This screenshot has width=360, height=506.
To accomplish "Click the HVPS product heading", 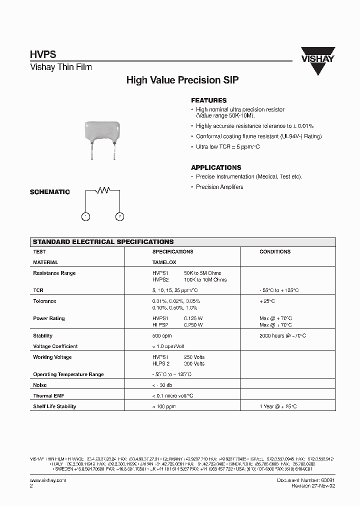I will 43,55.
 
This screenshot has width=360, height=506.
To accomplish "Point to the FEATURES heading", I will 208,100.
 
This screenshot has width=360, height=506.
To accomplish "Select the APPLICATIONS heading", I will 216,167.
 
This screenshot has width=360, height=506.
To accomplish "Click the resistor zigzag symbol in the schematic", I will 103,190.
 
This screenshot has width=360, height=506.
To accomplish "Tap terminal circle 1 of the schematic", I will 85,216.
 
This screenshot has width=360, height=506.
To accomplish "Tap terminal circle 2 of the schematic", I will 119,216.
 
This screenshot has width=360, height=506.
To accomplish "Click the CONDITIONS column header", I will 275,252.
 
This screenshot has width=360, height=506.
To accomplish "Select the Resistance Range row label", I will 54,273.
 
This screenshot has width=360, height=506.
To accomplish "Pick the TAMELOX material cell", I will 164,262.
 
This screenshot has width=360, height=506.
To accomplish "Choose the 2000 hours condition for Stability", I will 283,335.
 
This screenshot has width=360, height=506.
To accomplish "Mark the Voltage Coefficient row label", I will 55,346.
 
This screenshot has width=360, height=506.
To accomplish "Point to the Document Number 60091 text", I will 306,480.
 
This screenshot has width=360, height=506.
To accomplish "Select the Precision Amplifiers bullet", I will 219,187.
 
